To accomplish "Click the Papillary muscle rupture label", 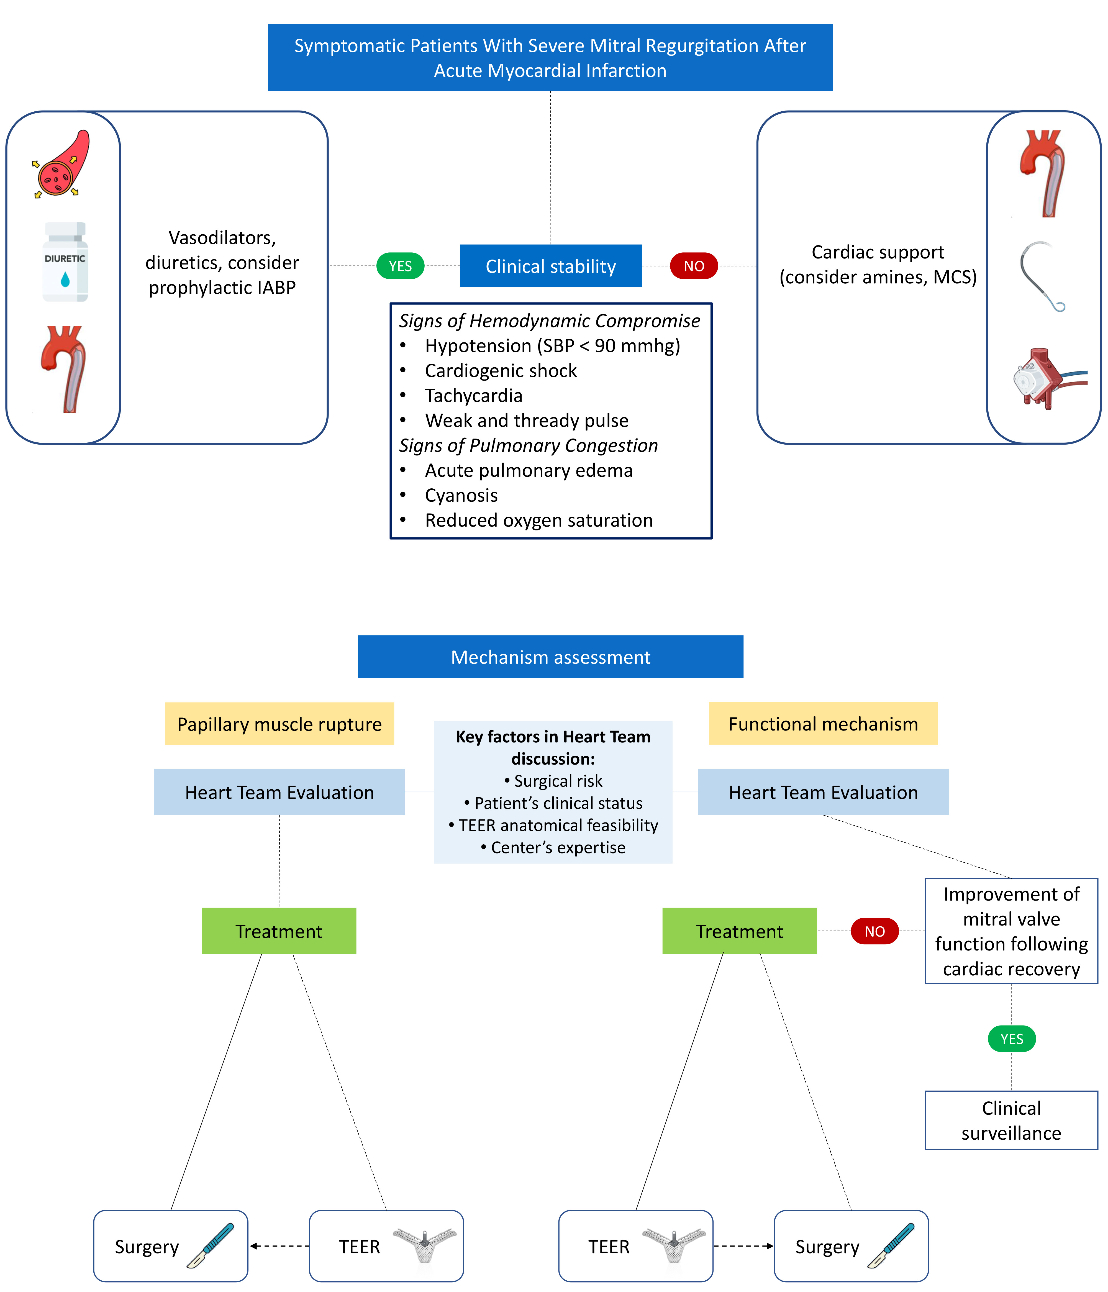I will [x=279, y=724].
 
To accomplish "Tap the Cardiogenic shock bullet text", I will [x=501, y=370].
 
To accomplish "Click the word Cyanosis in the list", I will [x=461, y=495].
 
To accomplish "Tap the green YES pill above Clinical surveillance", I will [x=1011, y=1039].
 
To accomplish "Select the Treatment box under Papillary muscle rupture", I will [x=279, y=931].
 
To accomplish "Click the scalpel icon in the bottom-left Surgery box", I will [x=211, y=1245].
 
